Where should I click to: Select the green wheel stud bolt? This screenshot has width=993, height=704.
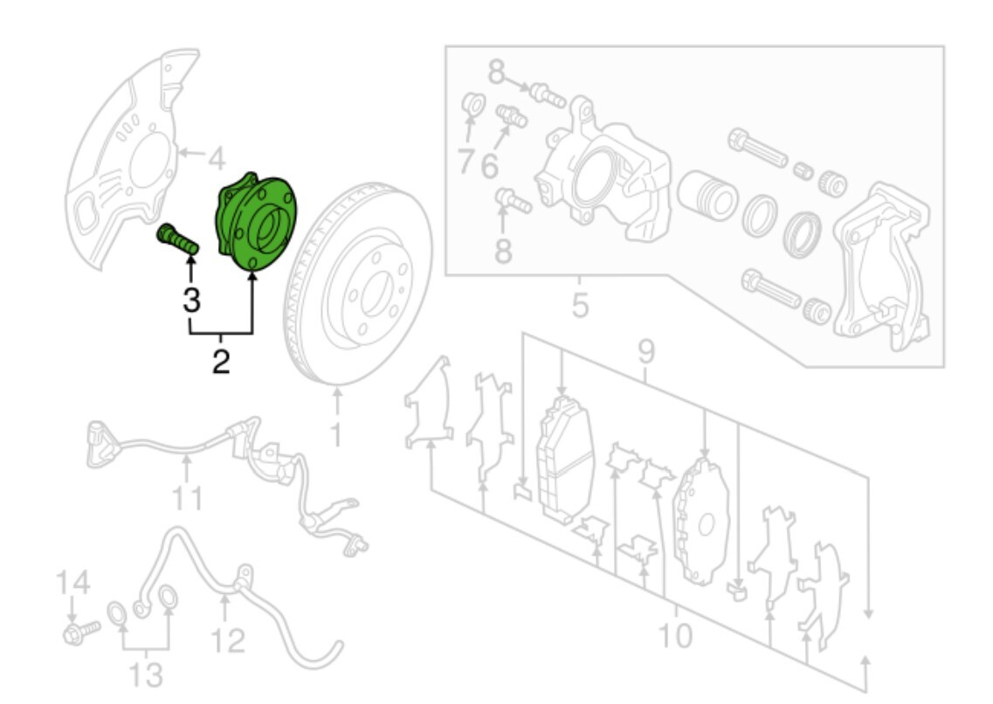tap(176, 238)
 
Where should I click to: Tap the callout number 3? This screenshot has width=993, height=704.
tap(191, 300)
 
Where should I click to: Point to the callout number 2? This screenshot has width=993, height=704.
tap(221, 361)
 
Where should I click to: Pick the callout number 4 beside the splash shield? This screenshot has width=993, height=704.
tap(216, 160)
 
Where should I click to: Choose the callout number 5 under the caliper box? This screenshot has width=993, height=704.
tap(580, 306)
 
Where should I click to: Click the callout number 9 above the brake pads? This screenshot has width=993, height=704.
tap(646, 353)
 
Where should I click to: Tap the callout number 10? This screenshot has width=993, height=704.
tap(676, 636)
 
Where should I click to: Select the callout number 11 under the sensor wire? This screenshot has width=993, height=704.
tap(186, 498)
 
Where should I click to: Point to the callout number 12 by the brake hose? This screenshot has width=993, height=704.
tap(227, 642)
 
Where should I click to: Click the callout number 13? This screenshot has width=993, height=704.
tap(146, 674)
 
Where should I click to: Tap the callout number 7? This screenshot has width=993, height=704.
tap(466, 162)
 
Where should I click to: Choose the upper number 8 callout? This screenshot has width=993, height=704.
tap(497, 72)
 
